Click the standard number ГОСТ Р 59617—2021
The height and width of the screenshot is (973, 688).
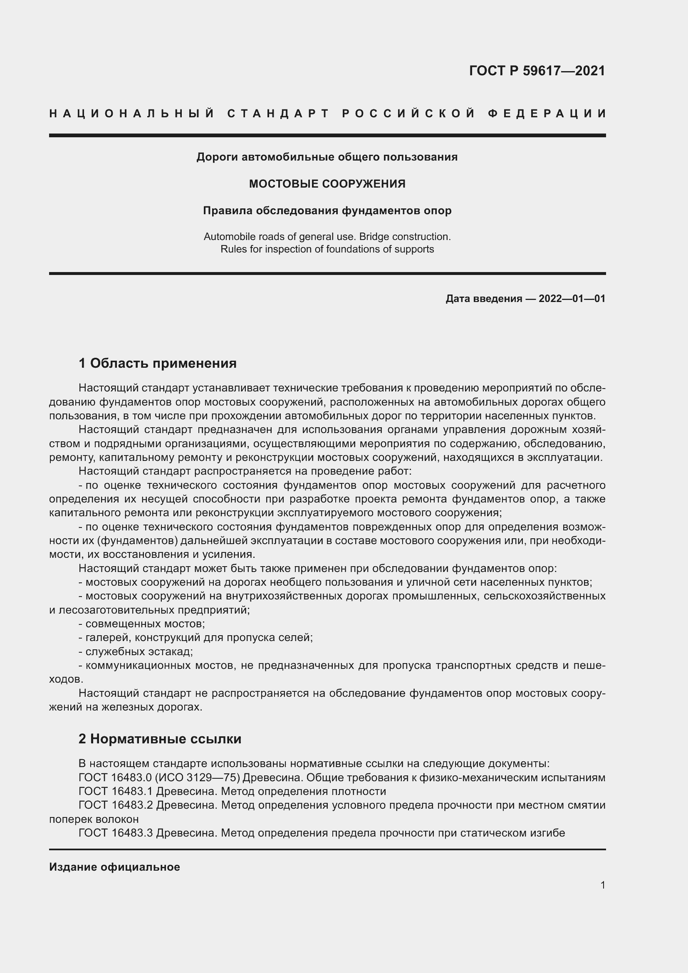click(x=537, y=71)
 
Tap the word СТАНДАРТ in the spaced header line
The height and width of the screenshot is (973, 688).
click(x=278, y=114)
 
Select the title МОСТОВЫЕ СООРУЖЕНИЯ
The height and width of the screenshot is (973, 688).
click(x=327, y=184)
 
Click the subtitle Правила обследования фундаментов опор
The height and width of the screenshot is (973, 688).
click(x=327, y=210)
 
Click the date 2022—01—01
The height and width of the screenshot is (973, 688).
click(x=572, y=299)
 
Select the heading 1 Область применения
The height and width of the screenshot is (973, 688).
click(x=158, y=363)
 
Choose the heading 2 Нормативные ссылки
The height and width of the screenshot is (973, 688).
click(x=160, y=739)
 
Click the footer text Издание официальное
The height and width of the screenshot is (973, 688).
click(x=114, y=867)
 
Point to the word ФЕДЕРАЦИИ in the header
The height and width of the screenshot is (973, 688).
click(x=547, y=114)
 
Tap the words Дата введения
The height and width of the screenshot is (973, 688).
click(x=484, y=299)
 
